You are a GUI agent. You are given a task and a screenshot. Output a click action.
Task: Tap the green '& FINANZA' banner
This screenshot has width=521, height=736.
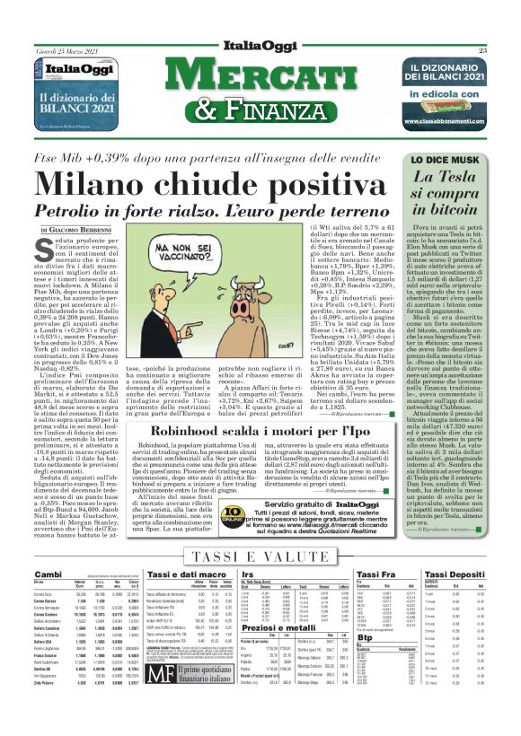click(260, 111)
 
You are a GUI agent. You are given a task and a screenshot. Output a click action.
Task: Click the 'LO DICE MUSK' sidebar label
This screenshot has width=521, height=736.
click(441, 159)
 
